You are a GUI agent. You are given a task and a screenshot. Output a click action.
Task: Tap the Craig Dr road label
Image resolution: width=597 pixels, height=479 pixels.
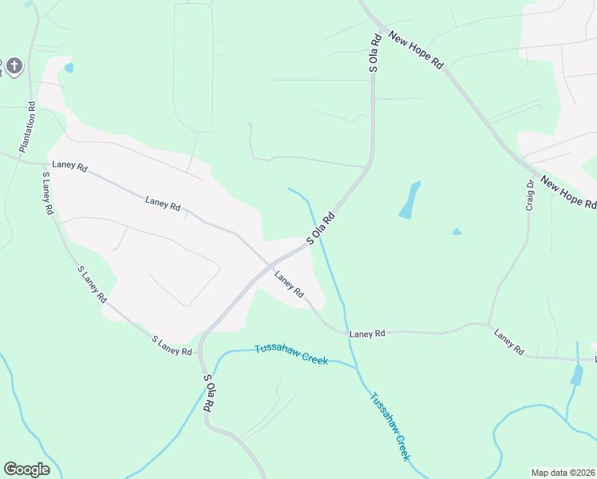(x=530, y=194)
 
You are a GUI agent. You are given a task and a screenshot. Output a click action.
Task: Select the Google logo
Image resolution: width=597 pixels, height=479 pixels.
(x=26, y=469)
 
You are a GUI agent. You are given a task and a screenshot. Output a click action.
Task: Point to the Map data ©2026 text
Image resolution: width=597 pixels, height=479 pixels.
(x=562, y=472)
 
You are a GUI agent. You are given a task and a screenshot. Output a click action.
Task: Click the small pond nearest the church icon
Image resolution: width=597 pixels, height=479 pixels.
(x=69, y=68)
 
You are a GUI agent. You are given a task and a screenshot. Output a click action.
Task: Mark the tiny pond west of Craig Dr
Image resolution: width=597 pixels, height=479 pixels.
(x=457, y=232)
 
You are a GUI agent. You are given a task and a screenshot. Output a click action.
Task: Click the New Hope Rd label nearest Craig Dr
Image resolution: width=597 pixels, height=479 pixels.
(x=568, y=192)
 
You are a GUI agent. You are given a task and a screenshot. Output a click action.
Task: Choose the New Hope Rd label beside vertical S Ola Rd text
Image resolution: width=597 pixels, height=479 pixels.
(x=415, y=50)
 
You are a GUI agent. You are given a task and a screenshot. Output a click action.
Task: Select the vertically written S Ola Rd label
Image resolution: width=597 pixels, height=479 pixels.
(x=373, y=54)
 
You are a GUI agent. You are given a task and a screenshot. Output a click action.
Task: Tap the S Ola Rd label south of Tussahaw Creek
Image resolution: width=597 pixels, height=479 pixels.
(x=208, y=393)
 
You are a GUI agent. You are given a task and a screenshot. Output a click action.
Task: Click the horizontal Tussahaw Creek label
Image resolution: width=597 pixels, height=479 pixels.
(x=291, y=354)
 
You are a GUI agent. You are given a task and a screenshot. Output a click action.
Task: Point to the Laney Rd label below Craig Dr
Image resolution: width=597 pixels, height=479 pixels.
(x=508, y=342)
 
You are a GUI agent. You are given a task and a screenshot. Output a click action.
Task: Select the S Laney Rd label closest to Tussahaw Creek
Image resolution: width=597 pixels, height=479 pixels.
(x=172, y=346)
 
